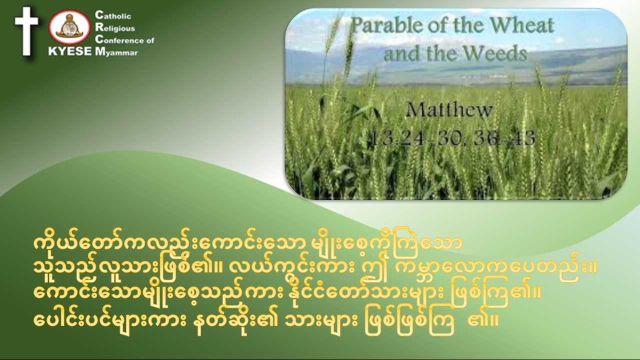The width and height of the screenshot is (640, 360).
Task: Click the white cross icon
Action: tap(26, 31)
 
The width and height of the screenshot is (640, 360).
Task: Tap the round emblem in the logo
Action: tap(69, 27)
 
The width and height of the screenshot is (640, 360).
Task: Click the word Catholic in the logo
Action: tap(113, 15)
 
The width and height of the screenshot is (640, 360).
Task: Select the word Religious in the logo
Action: tap(115, 27)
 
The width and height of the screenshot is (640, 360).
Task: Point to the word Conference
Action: tap(119, 40)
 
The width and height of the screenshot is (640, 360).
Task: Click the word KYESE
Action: tap(70, 51)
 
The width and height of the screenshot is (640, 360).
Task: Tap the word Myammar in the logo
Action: tap(116, 52)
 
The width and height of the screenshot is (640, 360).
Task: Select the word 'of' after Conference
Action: tap(150, 40)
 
